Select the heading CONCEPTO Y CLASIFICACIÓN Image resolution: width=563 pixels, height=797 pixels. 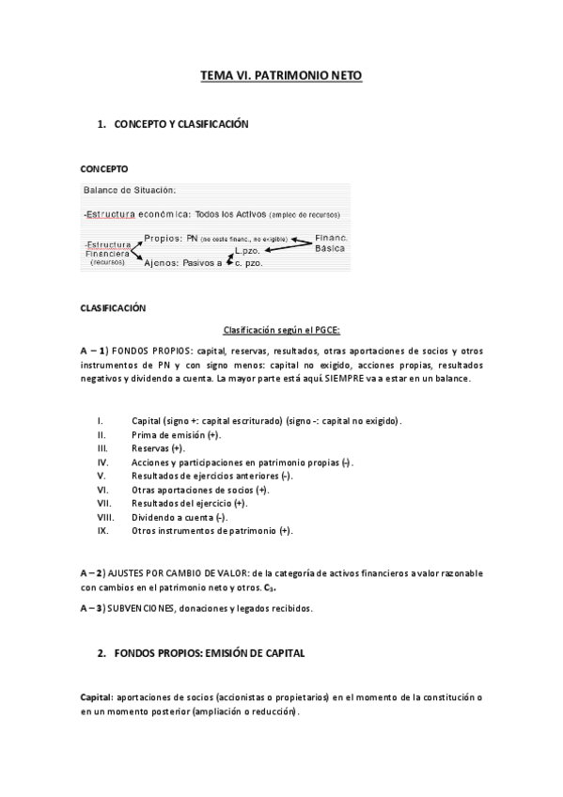click(x=180, y=123)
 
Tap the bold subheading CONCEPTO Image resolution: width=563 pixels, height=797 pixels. click(x=103, y=170)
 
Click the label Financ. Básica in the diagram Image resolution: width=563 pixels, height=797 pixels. click(x=331, y=243)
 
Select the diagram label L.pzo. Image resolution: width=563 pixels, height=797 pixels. click(x=247, y=251)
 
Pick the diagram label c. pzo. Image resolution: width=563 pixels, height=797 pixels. click(x=248, y=263)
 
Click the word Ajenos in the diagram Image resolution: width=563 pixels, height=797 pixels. click(x=163, y=263)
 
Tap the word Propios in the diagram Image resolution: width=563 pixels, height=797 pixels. click(x=164, y=239)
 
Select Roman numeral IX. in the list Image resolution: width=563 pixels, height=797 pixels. click(x=102, y=531)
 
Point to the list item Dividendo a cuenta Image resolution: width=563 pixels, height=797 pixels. click(x=175, y=517)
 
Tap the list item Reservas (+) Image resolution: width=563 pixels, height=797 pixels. click(x=158, y=449)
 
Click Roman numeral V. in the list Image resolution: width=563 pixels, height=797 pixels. click(x=100, y=477)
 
